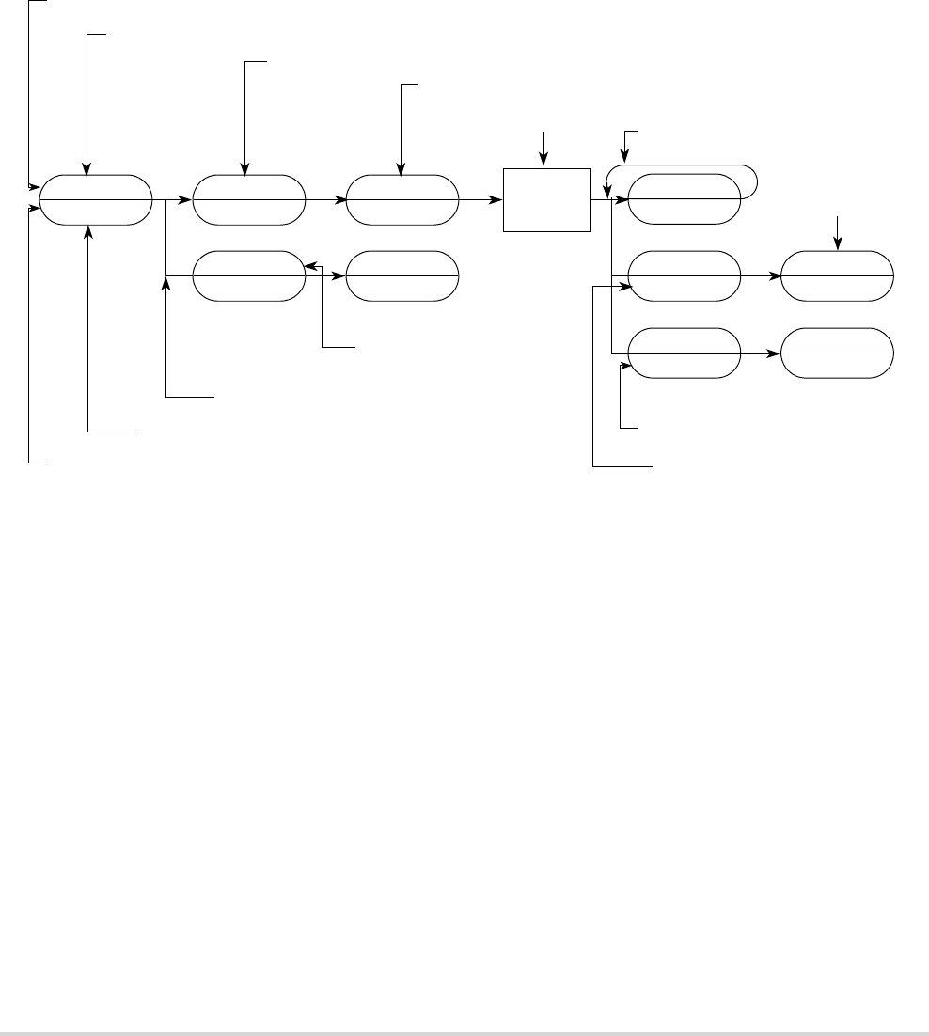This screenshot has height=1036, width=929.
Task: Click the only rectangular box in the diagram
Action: [547, 199]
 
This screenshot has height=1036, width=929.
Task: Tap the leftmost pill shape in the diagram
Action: [95, 199]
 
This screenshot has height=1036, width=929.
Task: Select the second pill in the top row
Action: [248, 199]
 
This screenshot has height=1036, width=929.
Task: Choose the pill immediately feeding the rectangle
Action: [402, 199]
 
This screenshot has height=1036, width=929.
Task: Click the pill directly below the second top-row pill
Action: [248, 275]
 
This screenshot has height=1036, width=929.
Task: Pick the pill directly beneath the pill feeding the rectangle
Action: [402, 275]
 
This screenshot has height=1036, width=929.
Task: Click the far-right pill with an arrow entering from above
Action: [838, 275]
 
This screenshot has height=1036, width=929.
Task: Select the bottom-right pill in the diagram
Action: [838, 353]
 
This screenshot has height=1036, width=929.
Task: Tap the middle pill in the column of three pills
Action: [684, 275]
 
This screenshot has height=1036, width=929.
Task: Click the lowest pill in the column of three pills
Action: [684, 353]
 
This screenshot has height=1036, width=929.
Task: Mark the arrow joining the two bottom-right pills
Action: [761, 353]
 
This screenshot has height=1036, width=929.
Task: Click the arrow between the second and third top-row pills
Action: [325, 199]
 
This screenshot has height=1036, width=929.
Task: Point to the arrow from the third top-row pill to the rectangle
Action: [480, 199]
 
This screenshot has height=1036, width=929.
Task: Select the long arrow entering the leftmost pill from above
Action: [87, 103]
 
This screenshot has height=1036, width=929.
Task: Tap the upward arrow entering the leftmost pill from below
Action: [87, 329]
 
